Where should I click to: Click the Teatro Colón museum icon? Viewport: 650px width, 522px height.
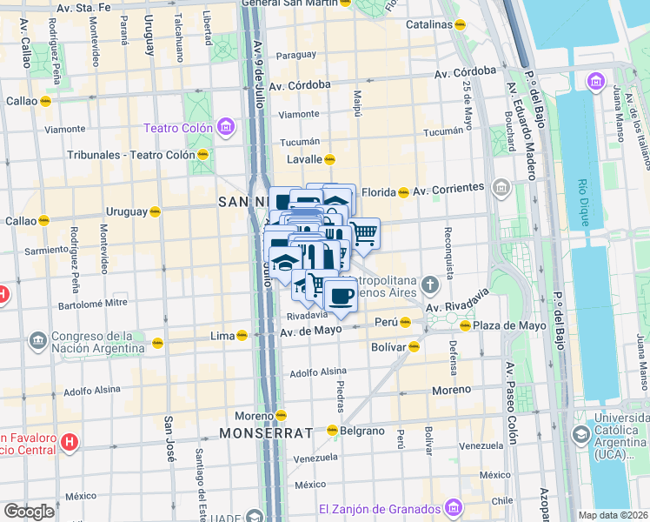pyautogui.click(x=225, y=129)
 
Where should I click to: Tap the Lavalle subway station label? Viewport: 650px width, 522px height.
pyautogui.click(x=305, y=159)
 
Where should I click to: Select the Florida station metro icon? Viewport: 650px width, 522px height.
pyautogui.click(x=403, y=192)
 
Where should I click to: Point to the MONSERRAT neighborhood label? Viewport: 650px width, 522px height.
pyautogui.click(x=265, y=432)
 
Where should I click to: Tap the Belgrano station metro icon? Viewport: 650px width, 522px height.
pyautogui.click(x=332, y=431)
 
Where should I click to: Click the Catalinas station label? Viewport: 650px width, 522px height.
pyautogui.click(x=428, y=24)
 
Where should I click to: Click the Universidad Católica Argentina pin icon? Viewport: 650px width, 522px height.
pyautogui.click(x=580, y=433)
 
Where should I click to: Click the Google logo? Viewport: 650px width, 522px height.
pyautogui.click(x=29, y=512)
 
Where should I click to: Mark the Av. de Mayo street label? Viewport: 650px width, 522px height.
pyautogui.click(x=308, y=331)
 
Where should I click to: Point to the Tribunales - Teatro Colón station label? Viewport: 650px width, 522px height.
pyautogui.click(x=131, y=156)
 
